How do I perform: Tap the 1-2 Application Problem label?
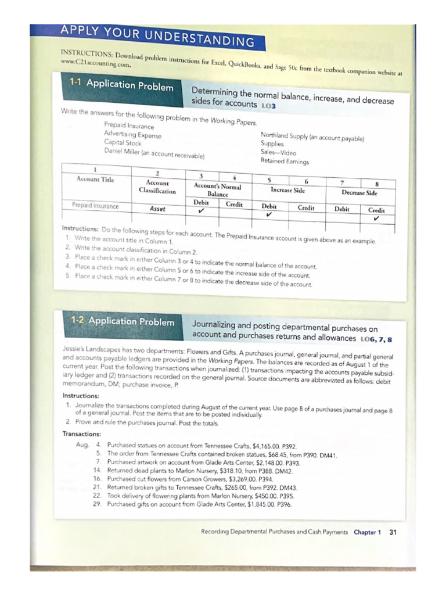click(x=123, y=321)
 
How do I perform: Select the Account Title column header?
click(x=96, y=179)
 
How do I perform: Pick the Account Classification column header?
click(x=157, y=187)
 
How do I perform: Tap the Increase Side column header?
click(x=287, y=190)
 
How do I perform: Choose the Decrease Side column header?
click(x=359, y=192)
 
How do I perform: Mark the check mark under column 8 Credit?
click(x=376, y=219)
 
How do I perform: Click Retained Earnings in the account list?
click(x=285, y=162)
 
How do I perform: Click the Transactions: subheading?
click(x=82, y=433)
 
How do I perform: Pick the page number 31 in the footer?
click(x=393, y=532)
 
